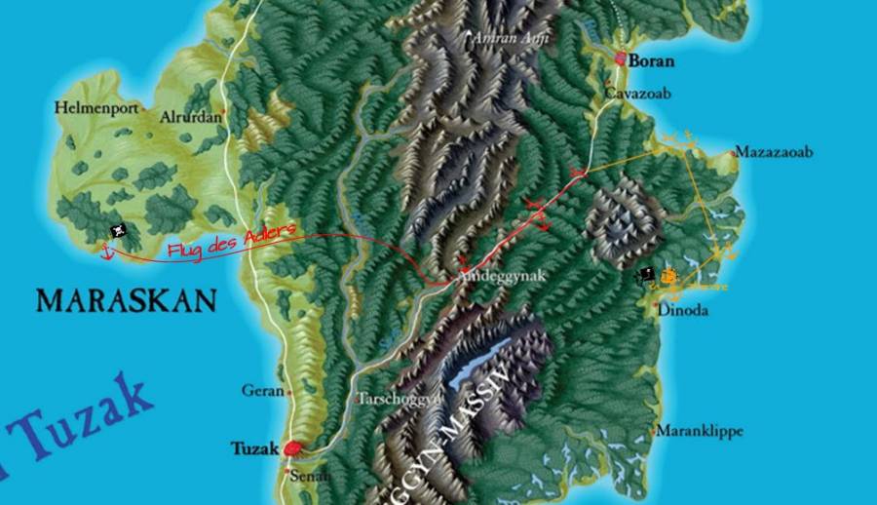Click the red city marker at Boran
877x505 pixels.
(621, 59)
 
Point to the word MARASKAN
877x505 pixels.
(126, 299)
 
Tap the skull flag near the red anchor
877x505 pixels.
(118, 232)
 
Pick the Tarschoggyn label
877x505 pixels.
(399, 399)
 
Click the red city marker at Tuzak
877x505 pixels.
(293, 448)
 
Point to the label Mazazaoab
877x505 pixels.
(774, 152)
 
